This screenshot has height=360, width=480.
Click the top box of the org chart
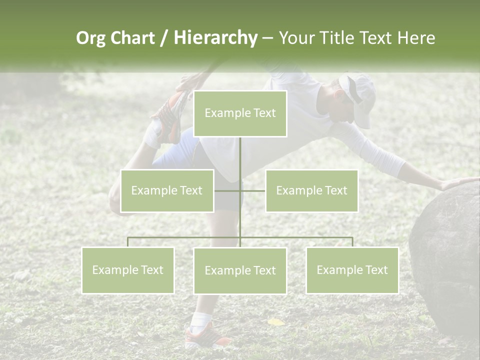[x=240, y=113]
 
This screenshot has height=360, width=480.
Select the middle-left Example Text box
[x=167, y=190]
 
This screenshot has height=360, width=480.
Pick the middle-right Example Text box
[x=311, y=190]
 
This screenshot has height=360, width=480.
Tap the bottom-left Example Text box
[x=128, y=270]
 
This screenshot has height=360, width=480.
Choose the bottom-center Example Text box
[x=240, y=270]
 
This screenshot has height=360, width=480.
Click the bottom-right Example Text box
[x=352, y=270]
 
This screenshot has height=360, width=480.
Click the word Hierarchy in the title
[x=215, y=37]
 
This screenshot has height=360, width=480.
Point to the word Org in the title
[x=90, y=38]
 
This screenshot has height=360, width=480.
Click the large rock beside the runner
[x=445, y=255]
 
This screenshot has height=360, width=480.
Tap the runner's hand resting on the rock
[x=457, y=183]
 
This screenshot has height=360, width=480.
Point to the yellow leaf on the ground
[x=275, y=322]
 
